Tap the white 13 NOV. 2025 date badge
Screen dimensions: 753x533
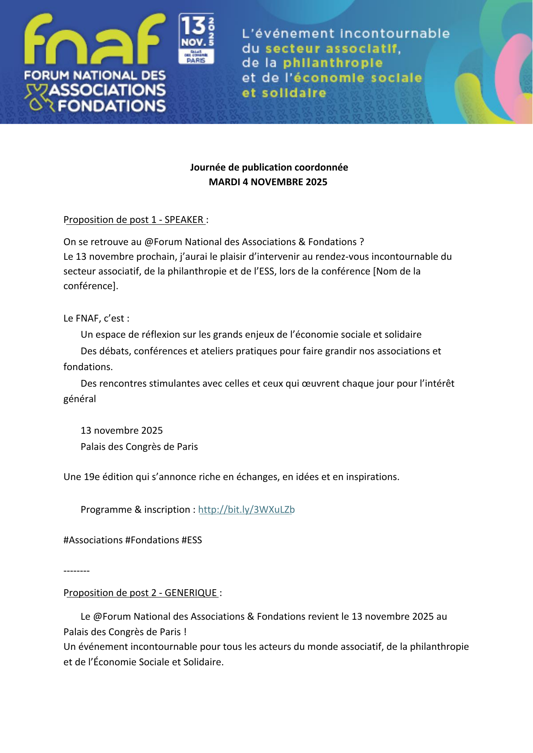pyautogui.click(x=196, y=38)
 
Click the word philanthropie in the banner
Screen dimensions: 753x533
pyautogui.click(x=332, y=63)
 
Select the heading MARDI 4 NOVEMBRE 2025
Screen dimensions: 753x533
pyautogui.click(x=268, y=182)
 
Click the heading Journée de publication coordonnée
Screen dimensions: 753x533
pyautogui.click(x=269, y=167)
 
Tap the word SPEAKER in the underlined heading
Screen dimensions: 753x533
pyautogui.click(x=184, y=220)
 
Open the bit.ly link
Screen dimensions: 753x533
pyautogui.click(x=246, y=510)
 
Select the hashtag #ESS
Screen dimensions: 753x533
pyautogui.click(x=191, y=540)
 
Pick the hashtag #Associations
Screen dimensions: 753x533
pyautogui.click(x=93, y=540)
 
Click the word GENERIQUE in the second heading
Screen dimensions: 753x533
pyautogui.click(x=191, y=593)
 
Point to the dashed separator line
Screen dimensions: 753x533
pyautogui.click(x=77, y=571)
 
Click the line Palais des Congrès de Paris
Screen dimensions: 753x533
pyautogui.click(x=139, y=447)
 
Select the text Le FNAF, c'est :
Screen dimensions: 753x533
pyautogui.click(x=96, y=319)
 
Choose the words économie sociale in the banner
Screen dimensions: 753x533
pyautogui.click(x=357, y=78)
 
